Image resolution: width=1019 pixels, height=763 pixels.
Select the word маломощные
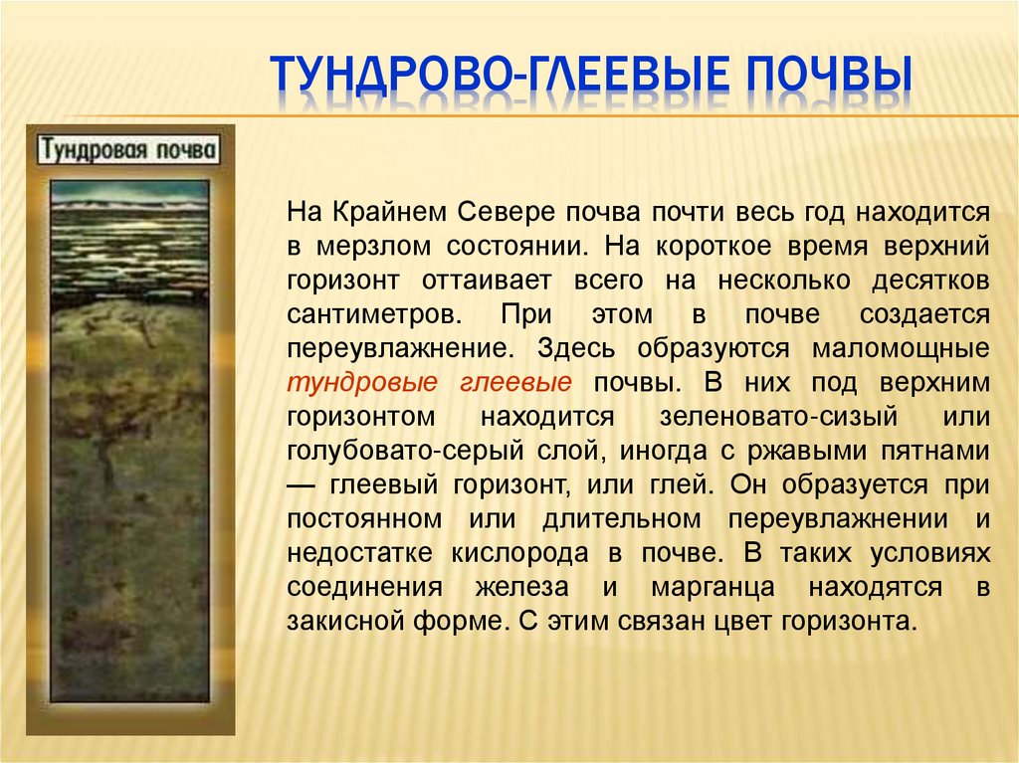(x=900, y=349)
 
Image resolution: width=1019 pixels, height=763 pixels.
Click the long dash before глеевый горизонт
(x=302, y=486)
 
